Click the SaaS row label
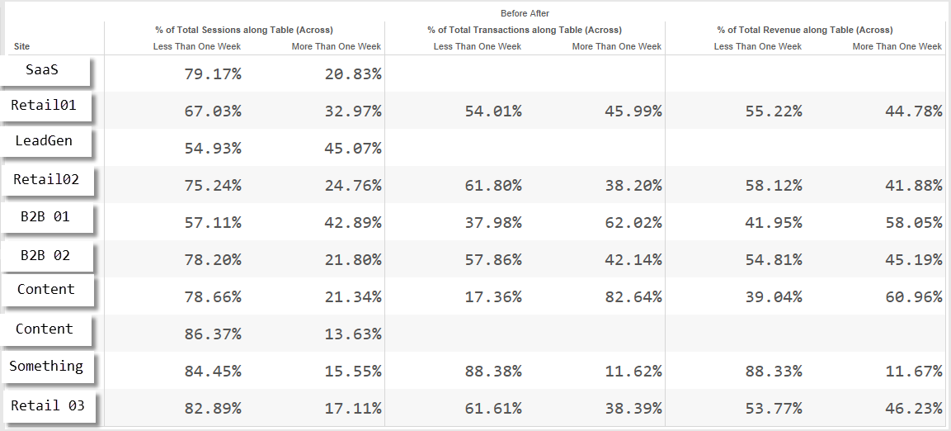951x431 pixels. click(x=42, y=70)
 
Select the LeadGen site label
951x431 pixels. click(x=44, y=141)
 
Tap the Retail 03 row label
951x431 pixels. click(x=47, y=405)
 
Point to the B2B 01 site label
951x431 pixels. click(x=45, y=216)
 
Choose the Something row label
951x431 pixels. click(x=46, y=366)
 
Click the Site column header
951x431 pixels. click(x=21, y=46)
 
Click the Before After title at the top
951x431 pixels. click(x=525, y=12)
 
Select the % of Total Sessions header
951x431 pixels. click(x=244, y=30)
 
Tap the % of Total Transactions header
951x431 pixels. click(x=525, y=30)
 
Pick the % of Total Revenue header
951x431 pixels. click(x=805, y=30)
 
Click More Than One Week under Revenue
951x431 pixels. click(x=897, y=46)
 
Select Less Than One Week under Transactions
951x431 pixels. click(x=478, y=46)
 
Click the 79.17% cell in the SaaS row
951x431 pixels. click(x=213, y=74)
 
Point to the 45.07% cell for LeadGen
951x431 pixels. click(x=353, y=148)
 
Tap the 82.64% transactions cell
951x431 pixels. click(x=633, y=297)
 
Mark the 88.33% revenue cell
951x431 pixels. click(x=774, y=371)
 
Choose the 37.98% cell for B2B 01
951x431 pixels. click(x=493, y=223)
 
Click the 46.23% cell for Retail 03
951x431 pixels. click(x=913, y=409)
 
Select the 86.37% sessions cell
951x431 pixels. click(x=213, y=334)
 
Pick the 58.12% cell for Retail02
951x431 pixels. click(x=774, y=185)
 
